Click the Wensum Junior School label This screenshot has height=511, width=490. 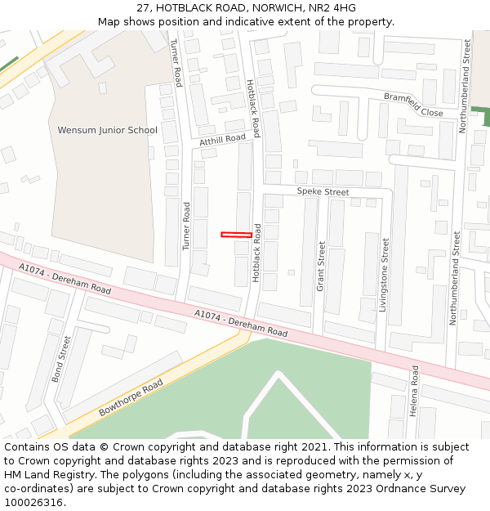click(107, 130)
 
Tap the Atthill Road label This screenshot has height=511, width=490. click(222, 141)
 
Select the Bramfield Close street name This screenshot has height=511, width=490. click(413, 105)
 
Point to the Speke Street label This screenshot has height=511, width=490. click(323, 192)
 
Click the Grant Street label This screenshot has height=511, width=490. click(321, 266)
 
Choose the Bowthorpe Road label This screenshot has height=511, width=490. click(131, 398)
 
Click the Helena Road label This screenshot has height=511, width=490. click(414, 391)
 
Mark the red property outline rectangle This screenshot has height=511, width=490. click(237, 235)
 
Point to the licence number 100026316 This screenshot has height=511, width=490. click(32, 502)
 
